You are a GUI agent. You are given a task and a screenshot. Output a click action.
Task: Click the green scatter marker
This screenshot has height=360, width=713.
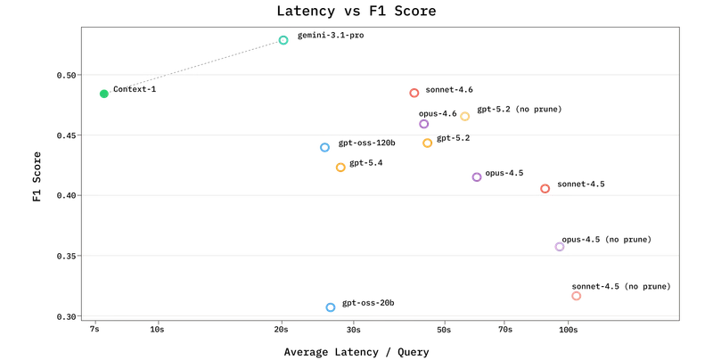pyautogui.click(x=103, y=94)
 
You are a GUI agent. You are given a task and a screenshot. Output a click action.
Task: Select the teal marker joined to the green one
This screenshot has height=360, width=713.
pyautogui.click(x=283, y=40)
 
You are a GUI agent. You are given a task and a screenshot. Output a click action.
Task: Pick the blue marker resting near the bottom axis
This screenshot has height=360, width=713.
pyautogui.click(x=331, y=307)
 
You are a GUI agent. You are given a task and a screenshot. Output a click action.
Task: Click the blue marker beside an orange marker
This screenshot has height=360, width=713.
pyautogui.click(x=324, y=148)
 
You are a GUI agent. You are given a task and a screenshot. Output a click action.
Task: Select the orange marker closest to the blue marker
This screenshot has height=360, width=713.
pyautogui.click(x=340, y=168)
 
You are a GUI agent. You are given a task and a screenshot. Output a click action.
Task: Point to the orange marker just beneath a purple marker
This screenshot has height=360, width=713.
pyautogui.click(x=428, y=143)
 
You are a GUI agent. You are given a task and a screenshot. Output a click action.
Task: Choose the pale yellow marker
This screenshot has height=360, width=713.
pyautogui.click(x=464, y=117)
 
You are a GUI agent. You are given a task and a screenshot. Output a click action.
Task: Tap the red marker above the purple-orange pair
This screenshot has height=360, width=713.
pyautogui.click(x=414, y=93)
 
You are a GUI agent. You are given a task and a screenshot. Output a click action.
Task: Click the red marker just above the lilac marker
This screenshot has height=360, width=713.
pyautogui.click(x=545, y=187)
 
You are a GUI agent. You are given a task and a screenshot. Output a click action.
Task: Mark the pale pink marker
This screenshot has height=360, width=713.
pyautogui.click(x=576, y=297)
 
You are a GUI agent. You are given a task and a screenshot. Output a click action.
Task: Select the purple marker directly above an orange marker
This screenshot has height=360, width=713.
pyautogui.click(x=423, y=125)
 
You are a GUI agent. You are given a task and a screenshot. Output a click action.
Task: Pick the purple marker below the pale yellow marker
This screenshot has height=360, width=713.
pyautogui.click(x=477, y=177)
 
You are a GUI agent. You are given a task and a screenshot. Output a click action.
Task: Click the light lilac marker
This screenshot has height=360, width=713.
pyautogui.click(x=560, y=246)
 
